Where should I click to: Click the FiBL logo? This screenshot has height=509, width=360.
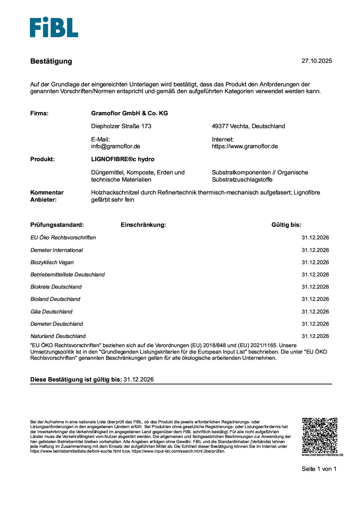[x=54, y=27]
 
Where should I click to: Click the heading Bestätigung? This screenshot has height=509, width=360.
[x=51, y=61]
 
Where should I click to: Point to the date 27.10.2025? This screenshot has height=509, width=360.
[x=316, y=61]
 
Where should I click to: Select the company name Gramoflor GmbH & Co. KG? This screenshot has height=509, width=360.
[x=129, y=113]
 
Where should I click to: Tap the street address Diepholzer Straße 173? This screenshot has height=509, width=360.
[x=121, y=126]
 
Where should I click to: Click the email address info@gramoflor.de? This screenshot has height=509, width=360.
[x=115, y=146]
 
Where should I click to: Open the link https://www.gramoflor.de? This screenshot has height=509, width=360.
[x=245, y=146]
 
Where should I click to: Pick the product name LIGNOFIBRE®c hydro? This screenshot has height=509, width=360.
[x=122, y=159]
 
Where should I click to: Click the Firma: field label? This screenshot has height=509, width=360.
[x=39, y=113]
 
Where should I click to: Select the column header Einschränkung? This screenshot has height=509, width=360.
[x=143, y=225]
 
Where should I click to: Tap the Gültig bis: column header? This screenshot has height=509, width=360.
[x=286, y=225]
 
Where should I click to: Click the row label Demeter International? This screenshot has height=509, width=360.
[x=56, y=250]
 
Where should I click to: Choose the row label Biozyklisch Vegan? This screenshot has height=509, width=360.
[x=52, y=262]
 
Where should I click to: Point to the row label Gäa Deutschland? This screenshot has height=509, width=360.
[x=51, y=311]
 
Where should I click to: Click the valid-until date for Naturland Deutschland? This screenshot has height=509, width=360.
[x=315, y=336]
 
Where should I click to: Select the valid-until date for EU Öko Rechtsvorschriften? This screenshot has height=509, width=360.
[x=315, y=237]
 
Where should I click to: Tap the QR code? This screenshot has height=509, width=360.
[x=320, y=435]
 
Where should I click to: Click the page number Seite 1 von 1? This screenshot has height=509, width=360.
[x=319, y=469]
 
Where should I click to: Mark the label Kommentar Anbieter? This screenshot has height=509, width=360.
[x=47, y=196]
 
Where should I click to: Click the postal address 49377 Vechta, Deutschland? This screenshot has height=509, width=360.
[x=248, y=126]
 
